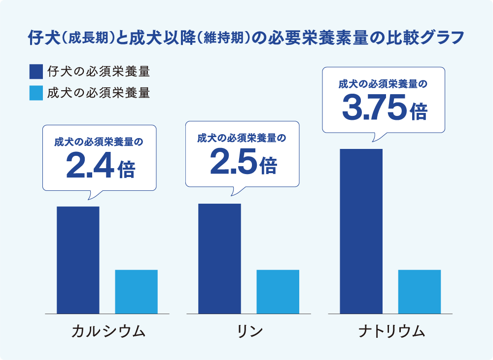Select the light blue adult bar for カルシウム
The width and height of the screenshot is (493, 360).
tap(136, 291)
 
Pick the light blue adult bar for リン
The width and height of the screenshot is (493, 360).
tap(278, 291)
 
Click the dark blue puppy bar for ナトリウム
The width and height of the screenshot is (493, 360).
tap(361, 231)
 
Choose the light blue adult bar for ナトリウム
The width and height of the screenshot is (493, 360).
tap(420, 291)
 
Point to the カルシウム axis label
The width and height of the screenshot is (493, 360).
tap(108, 331)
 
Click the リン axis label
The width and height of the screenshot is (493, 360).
tap(249, 331)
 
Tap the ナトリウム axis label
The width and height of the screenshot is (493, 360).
tap(391, 331)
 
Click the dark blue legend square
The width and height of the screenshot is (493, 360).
tap(36, 72)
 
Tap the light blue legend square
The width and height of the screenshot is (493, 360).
tap(36, 93)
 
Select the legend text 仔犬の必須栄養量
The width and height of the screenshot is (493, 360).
tap(99, 72)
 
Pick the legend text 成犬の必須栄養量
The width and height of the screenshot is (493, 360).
tap(99, 93)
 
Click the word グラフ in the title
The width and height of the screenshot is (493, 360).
tap(444, 38)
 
